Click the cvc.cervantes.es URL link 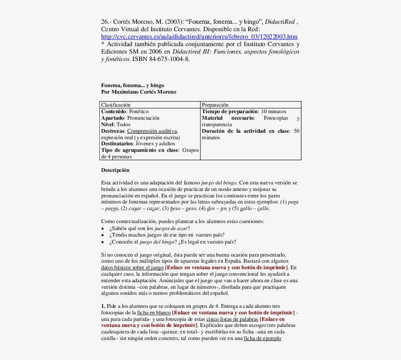pos(199,37)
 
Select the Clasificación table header pos(116,105)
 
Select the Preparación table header pos(215,105)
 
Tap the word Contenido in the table pos(114,112)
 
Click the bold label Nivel pos(108,125)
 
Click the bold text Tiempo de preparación pos(230,112)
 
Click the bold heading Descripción pos(115,170)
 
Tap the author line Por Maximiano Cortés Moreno pos(138,92)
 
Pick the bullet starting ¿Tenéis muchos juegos pos(166,235)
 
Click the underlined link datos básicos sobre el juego pos(132,268)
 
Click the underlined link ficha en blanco pos(153,312)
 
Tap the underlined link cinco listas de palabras pos(232,319)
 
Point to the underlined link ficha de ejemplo pos(262,339)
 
